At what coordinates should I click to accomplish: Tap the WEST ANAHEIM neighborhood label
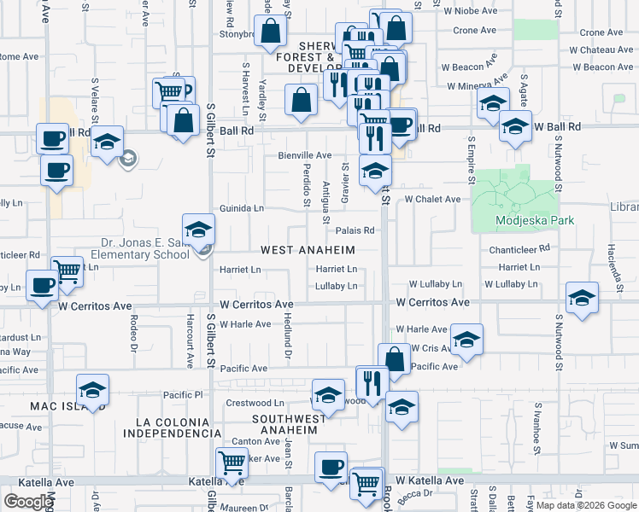click(x=307, y=250)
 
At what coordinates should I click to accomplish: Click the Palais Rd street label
click(x=355, y=230)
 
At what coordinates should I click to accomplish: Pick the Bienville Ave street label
click(x=304, y=155)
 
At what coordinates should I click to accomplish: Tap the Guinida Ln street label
click(x=242, y=207)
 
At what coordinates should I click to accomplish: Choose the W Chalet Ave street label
click(x=432, y=199)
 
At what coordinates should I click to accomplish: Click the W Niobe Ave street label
click(x=469, y=12)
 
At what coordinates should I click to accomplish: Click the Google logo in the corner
click(x=28, y=502)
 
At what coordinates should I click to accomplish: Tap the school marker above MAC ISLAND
click(x=92, y=390)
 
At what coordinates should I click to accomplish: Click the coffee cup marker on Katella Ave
click(x=331, y=467)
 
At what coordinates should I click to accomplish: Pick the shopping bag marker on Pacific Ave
click(x=395, y=358)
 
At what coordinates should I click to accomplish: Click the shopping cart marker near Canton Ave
click(x=232, y=463)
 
